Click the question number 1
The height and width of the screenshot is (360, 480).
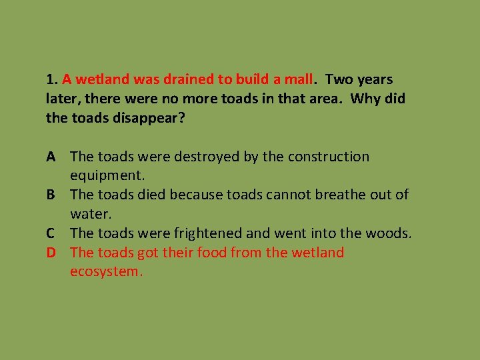point(50,79)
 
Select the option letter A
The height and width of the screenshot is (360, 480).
point(51,157)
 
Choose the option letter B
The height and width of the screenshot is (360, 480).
point(51,195)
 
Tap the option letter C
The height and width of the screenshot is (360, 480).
point(51,233)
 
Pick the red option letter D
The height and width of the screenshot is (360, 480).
point(51,253)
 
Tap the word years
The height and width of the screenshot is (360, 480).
point(374,79)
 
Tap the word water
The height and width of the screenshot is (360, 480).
point(91,215)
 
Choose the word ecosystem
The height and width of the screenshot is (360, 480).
point(105,272)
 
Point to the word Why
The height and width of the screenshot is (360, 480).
point(364,99)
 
